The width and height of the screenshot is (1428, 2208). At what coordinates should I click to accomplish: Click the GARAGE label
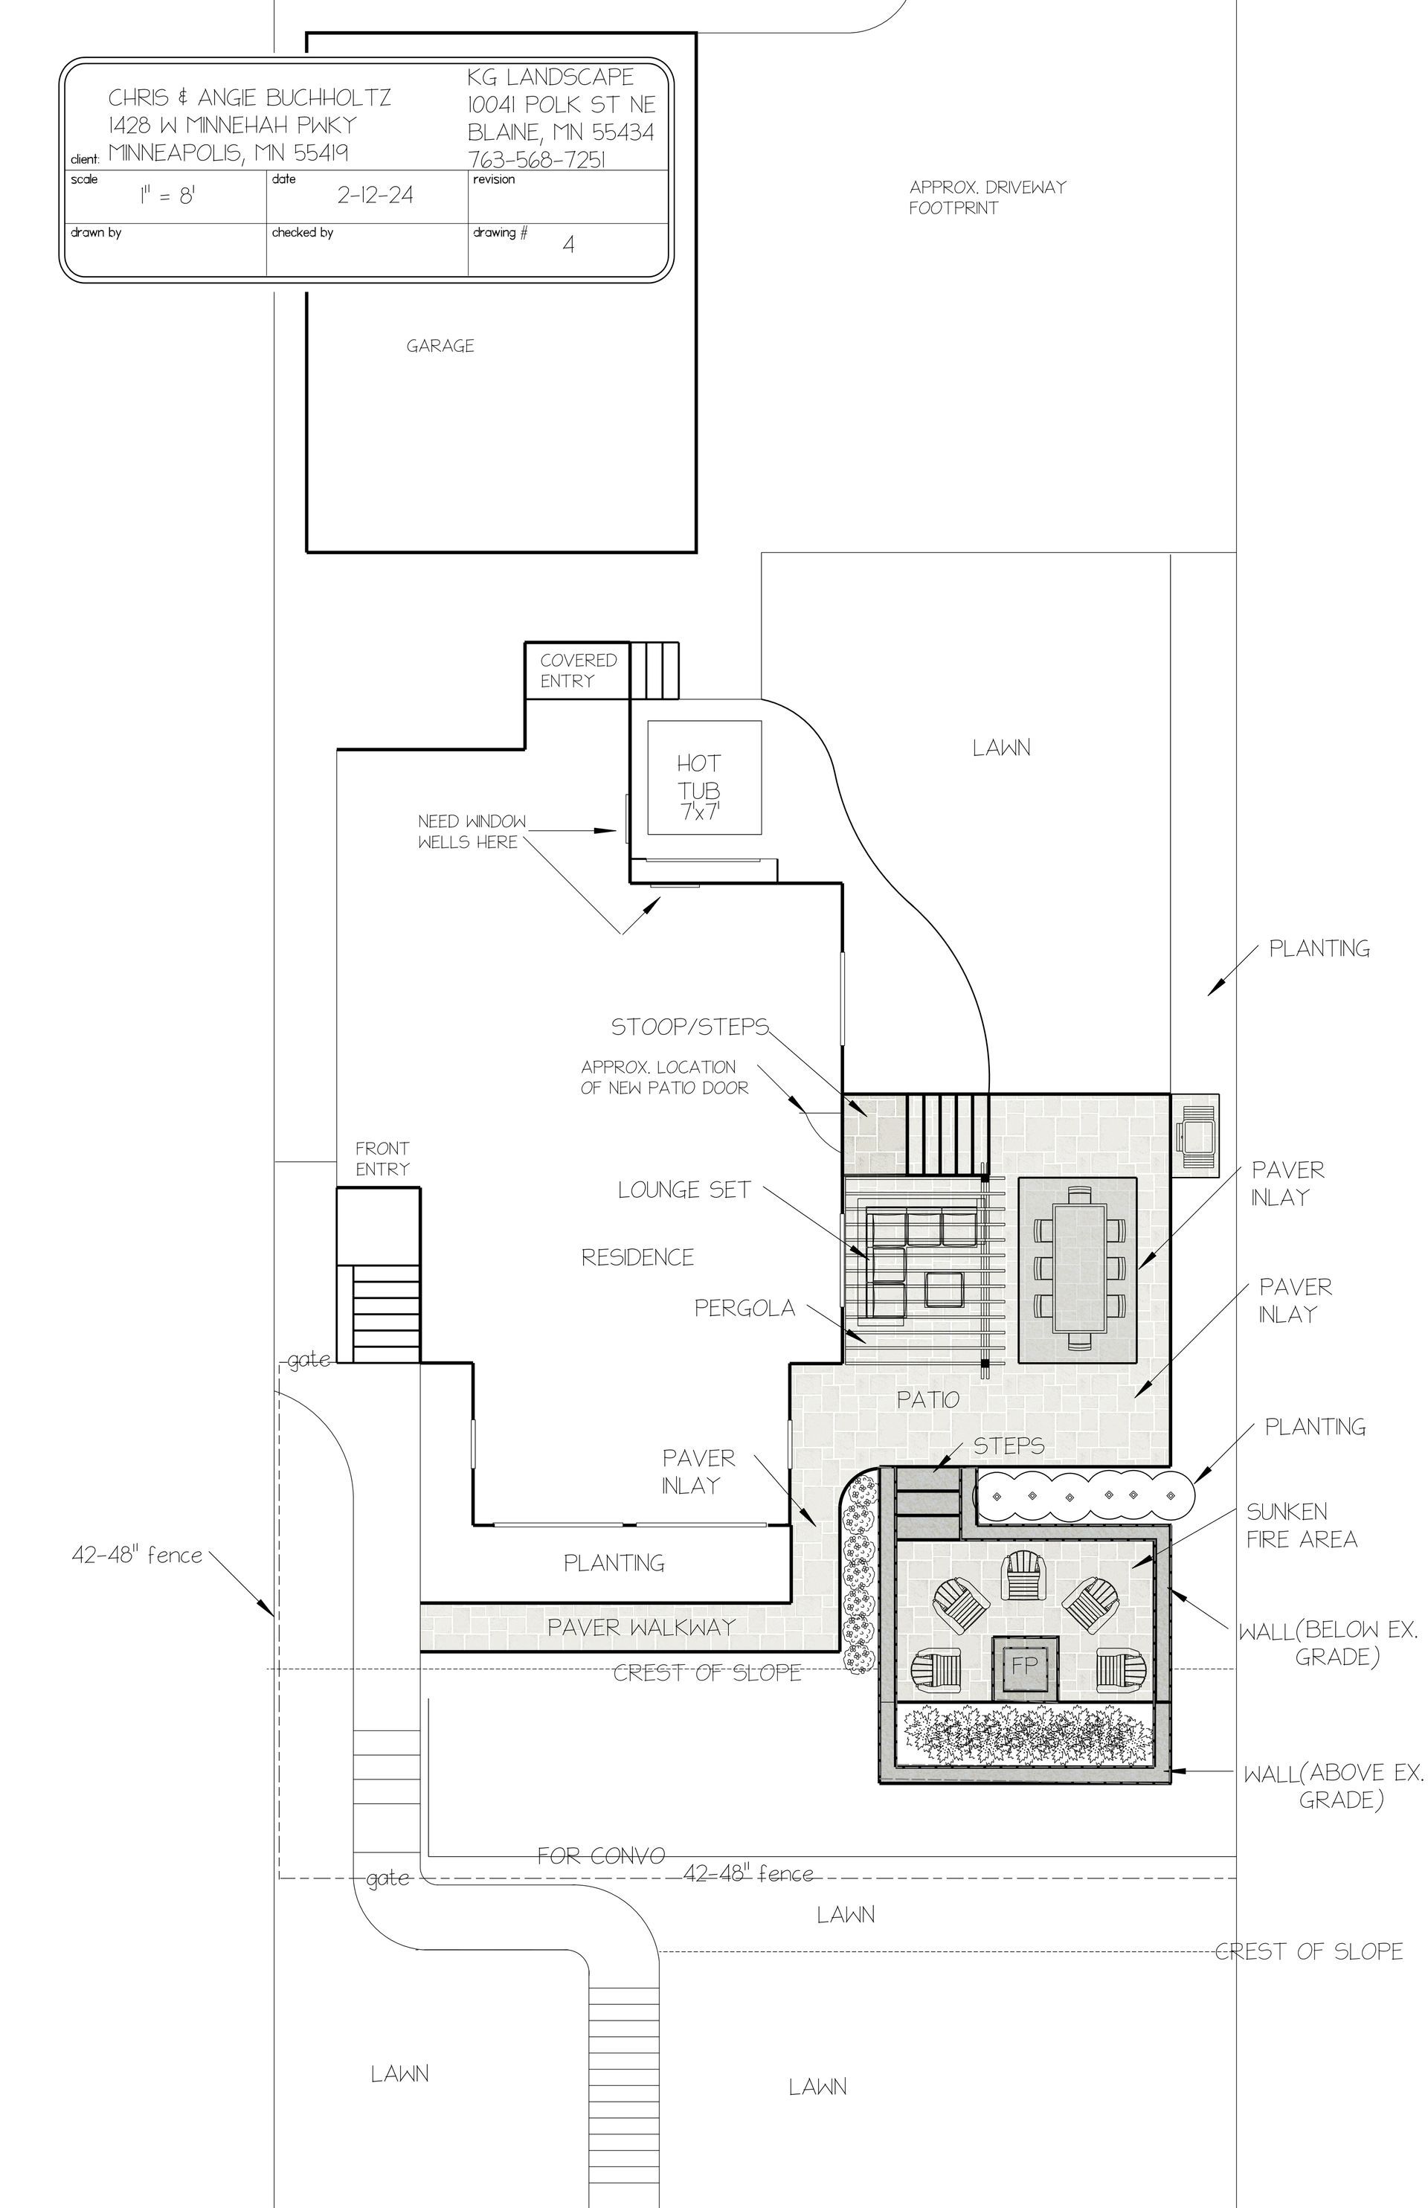(x=440, y=346)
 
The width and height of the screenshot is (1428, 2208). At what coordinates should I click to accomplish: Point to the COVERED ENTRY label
(x=578, y=670)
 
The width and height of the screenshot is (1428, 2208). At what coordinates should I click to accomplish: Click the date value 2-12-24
(x=375, y=195)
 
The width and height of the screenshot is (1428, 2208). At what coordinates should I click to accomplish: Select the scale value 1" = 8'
(x=167, y=196)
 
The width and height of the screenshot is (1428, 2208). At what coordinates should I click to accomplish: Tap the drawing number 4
(x=568, y=245)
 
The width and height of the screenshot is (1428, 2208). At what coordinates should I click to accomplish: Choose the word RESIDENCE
(x=637, y=1257)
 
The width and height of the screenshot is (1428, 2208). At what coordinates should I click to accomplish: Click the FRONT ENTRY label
(x=382, y=1158)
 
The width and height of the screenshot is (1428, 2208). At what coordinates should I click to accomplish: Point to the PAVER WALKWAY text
(x=641, y=1626)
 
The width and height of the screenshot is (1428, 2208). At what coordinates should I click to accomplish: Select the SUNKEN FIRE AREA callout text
(x=1301, y=1526)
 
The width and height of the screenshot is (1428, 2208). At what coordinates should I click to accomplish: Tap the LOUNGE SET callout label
(x=684, y=1190)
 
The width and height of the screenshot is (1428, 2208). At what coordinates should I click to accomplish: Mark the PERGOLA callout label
(x=744, y=1308)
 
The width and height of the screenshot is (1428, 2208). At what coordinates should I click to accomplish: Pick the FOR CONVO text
(x=601, y=1855)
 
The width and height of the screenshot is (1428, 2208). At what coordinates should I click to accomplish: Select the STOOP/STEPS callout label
(x=689, y=1027)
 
